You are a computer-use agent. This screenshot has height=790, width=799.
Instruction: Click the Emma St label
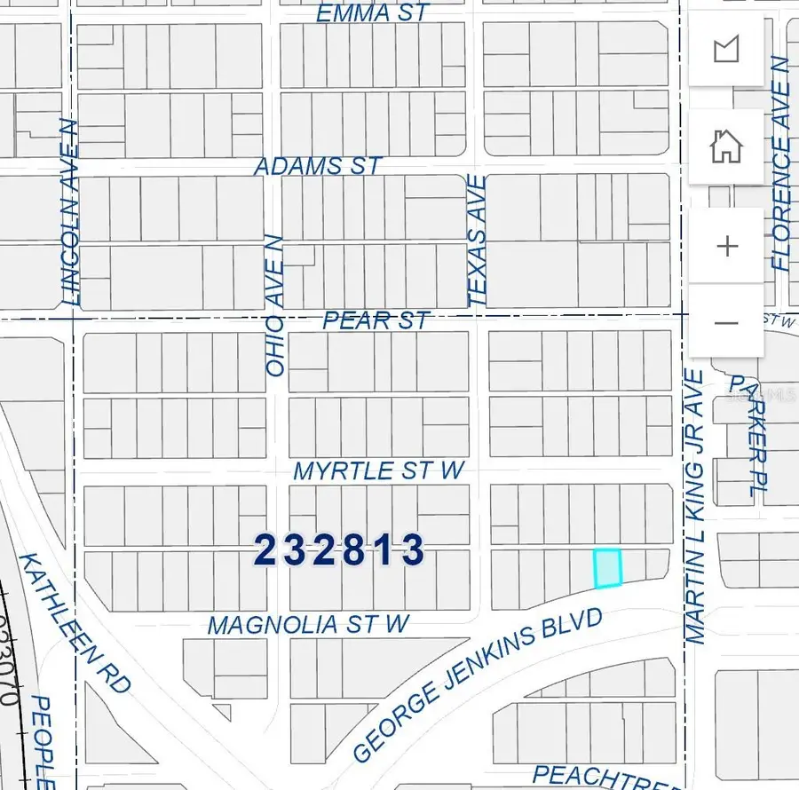tap(373, 13)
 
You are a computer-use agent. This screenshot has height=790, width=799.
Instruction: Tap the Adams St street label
tap(318, 166)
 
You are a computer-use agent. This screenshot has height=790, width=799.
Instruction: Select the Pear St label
tap(376, 320)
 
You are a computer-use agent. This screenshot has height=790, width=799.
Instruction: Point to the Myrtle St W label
tap(379, 470)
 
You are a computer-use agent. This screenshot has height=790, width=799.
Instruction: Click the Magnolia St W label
tap(308, 625)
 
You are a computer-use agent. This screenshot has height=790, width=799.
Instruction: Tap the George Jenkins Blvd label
tap(478, 685)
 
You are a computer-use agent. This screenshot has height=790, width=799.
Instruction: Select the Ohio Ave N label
tap(274, 305)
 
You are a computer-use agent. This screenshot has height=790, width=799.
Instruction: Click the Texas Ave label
tap(477, 241)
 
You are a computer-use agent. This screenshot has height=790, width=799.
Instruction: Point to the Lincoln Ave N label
tap(72, 213)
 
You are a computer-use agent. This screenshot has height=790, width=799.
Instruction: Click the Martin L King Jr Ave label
tap(695, 507)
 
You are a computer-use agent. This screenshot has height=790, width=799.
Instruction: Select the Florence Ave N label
tap(780, 163)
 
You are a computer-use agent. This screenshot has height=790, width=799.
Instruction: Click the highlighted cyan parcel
tap(607, 568)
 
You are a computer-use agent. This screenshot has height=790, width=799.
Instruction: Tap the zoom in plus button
tap(726, 246)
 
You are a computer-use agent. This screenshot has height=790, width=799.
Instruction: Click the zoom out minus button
tap(726, 322)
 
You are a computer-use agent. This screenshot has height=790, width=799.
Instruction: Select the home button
tap(726, 146)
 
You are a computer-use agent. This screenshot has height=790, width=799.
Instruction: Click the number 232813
tap(340, 550)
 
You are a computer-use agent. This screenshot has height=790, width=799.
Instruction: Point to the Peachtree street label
tap(604, 776)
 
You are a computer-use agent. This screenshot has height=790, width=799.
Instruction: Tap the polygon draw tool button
tap(726, 49)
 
